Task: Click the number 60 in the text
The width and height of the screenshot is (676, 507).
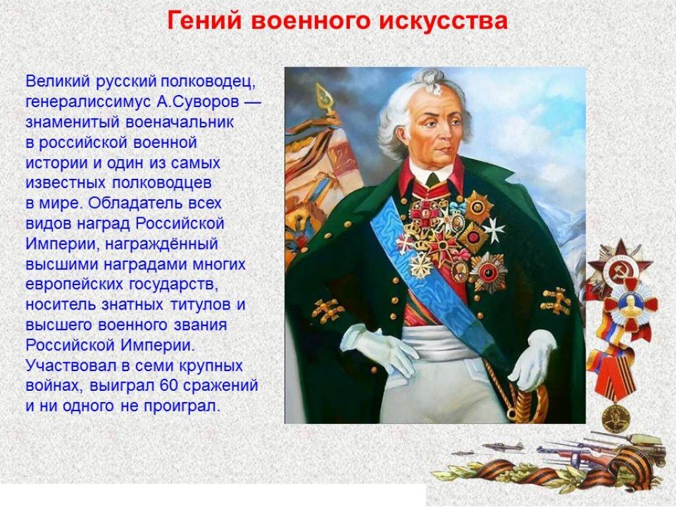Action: point(168,385)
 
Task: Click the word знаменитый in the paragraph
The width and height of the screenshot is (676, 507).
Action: point(73,122)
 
